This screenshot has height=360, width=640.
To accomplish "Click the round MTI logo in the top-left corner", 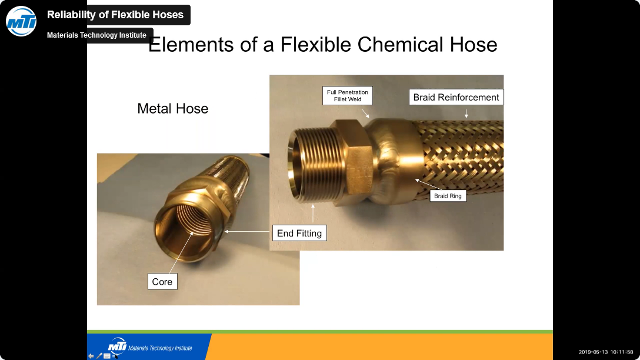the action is (21, 21).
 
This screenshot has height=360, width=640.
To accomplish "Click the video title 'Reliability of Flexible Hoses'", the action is (115, 15).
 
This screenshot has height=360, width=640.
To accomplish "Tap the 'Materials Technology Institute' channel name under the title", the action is (96, 35).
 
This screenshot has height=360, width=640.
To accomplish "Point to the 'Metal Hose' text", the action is (173, 109).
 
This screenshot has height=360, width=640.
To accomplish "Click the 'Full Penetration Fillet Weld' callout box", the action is (347, 95).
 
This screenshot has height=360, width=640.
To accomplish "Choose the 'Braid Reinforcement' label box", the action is (456, 97).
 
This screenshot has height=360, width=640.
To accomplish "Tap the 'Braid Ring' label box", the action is (448, 196).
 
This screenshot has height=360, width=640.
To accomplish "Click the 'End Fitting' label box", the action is (299, 233).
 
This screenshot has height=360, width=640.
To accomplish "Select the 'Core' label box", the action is (162, 282).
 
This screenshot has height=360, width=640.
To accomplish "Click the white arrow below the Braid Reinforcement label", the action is (466, 113).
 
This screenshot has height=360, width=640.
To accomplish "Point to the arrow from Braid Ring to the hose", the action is (429, 184).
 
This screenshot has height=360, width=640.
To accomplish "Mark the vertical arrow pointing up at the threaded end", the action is (313, 213).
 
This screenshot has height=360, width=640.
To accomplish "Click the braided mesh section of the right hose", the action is (461, 160).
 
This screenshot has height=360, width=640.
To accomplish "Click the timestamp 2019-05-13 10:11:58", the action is (606, 352).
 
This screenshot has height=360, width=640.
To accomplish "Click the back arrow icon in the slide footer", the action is (91, 356).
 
